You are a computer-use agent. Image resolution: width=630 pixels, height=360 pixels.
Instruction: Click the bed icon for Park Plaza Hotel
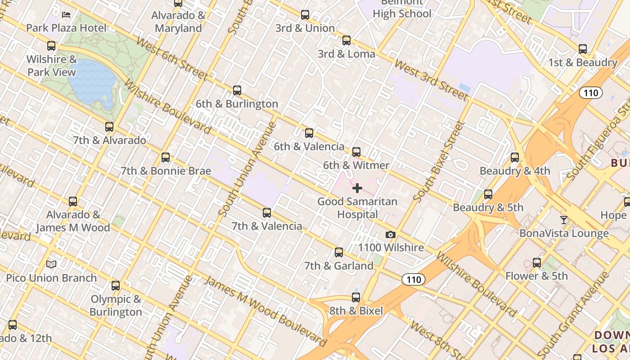point(66,15)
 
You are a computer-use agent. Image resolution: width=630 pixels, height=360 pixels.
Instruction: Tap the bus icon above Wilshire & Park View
point(51,45)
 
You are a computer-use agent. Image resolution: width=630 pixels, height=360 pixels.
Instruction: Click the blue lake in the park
point(92,81)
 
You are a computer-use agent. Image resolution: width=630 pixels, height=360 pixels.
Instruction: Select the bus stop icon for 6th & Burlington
point(237,90)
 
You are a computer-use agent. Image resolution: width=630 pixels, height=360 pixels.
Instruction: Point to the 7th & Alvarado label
point(109,140)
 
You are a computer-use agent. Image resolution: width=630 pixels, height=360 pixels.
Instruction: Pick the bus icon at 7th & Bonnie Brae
point(166,157)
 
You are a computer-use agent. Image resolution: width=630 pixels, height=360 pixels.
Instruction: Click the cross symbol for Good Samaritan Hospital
point(357,188)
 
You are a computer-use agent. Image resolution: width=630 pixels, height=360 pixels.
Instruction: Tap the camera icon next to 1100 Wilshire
point(391,234)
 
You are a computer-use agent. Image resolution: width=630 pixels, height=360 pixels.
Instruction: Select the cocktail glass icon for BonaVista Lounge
point(563,220)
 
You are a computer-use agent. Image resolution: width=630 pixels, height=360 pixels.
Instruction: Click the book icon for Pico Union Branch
point(52,264)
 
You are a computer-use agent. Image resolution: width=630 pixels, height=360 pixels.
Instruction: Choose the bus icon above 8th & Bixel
point(356,297)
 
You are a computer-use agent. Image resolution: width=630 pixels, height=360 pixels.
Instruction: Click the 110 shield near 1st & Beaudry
point(590,93)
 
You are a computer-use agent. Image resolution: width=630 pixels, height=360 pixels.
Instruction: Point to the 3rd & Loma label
point(346,54)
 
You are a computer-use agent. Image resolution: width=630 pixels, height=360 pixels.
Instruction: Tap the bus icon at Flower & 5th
point(536,262)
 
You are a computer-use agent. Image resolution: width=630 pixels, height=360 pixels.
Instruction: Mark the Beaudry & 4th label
point(514,171)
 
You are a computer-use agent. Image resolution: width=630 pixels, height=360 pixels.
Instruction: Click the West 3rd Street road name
point(431,80)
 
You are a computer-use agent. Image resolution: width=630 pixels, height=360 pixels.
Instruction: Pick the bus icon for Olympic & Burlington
point(116,285)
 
